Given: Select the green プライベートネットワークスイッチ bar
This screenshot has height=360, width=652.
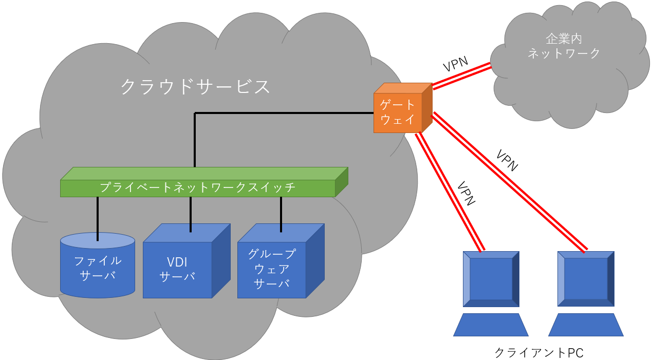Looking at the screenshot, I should (198, 187).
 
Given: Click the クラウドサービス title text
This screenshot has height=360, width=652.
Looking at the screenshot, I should (195, 87).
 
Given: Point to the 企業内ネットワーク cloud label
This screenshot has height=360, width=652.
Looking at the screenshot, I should (564, 46).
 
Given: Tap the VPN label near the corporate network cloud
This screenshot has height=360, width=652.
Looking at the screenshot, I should (455, 65).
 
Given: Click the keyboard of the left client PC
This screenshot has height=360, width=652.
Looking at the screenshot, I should (491, 325).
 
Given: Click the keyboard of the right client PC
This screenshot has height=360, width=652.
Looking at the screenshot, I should (586, 325).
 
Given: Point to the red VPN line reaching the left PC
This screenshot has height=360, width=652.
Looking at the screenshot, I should (450, 192).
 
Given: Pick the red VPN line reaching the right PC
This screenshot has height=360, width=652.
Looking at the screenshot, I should (509, 182).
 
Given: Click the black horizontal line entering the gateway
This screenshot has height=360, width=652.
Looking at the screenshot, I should (283, 113).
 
